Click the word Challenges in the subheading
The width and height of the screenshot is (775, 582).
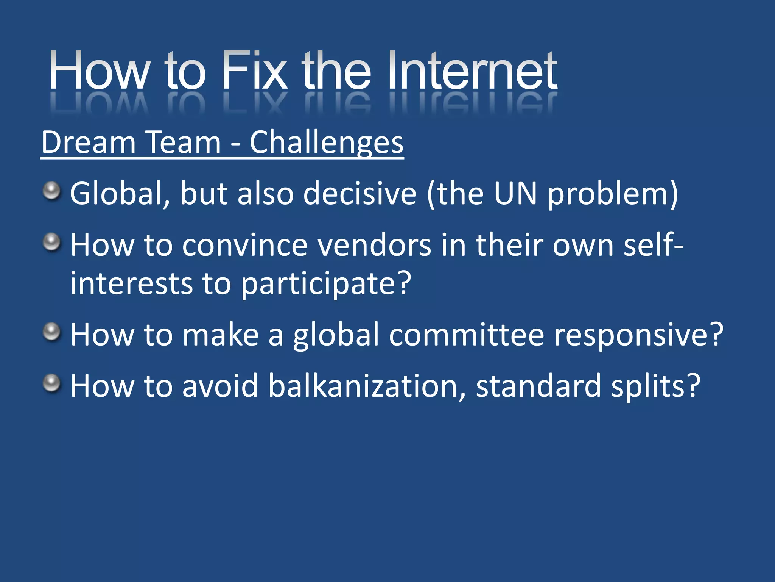326,142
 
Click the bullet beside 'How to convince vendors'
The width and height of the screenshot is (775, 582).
51,242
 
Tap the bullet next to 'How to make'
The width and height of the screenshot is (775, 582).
51,332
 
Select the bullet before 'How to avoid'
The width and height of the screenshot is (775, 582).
51,383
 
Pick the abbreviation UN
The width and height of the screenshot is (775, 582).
515,194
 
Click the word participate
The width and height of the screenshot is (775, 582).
325,284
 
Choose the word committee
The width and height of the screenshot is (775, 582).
466,335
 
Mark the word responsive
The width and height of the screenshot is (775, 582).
638,335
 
